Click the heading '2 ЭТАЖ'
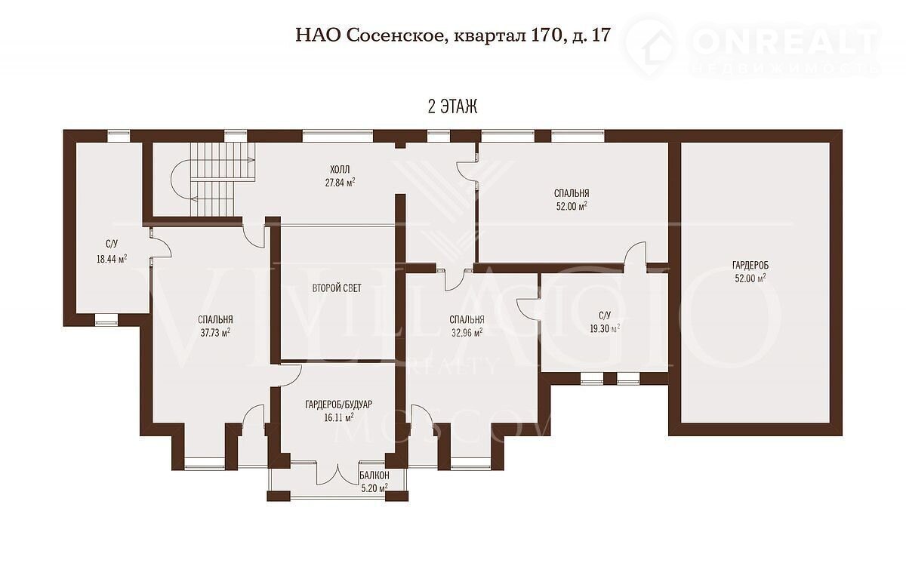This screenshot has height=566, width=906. click(x=452, y=106)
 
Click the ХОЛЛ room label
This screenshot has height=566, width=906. click(x=340, y=169)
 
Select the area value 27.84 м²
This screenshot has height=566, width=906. click(x=341, y=183)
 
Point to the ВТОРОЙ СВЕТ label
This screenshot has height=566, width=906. click(x=337, y=288)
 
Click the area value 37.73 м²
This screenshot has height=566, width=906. click(x=216, y=333)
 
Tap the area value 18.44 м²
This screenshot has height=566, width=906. click(x=112, y=259)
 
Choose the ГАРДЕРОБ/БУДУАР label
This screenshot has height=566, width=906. click(x=338, y=405)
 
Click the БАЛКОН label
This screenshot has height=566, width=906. click(x=374, y=475)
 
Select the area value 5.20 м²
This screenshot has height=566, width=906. click(x=374, y=488)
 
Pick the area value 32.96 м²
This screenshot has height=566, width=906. click(x=467, y=333)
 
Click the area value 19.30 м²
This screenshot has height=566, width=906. click(x=605, y=328)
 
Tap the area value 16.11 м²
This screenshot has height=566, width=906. click(x=339, y=417)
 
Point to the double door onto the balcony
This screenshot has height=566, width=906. click(x=337, y=473)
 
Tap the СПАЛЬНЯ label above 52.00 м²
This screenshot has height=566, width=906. click(x=572, y=193)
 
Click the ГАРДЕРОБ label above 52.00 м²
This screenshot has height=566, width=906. click(x=750, y=265)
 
